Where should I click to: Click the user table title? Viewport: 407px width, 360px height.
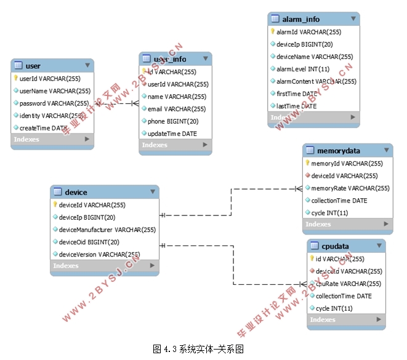pyautogui.click(x=33, y=66)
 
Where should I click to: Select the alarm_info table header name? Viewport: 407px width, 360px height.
pyautogui.click(x=300, y=19)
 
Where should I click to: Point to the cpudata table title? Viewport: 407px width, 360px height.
pyautogui.click(x=335, y=246)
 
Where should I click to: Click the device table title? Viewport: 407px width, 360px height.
pyautogui.click(x=76, y=193)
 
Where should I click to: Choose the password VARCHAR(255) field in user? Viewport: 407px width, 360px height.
pyautogui.click(x=54, y=103)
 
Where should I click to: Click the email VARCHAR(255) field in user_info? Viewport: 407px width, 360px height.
pyautogui.click(x=177, y=109)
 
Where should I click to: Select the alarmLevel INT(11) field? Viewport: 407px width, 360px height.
pyautogui.click(x=303, y=69)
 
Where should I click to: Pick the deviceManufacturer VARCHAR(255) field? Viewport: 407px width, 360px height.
pyautogui.click(x=107, y=230)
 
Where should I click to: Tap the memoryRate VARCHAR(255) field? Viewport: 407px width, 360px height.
pyautogui.click(x=350, y=188)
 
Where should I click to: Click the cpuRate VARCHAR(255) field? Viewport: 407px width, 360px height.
pyautogui.click(x=349, y=284)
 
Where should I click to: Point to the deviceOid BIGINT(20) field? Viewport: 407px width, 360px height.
pyautogui.click(x=89, y=242)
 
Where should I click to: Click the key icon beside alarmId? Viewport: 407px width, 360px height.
pyautogui.click(x=272, y=31)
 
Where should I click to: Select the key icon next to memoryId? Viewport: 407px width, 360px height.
pyautogui.click(x=307, y=163)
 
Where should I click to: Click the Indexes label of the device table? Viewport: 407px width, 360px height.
pyautogui.click(x=66, y=266)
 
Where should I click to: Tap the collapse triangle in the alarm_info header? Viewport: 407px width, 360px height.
pyautogui.click(x=353, y=19)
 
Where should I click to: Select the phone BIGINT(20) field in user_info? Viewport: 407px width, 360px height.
pyautogui.click(x=173, y=121)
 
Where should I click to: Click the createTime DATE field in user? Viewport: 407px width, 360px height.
pyautogui.click(x=44, y=128)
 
